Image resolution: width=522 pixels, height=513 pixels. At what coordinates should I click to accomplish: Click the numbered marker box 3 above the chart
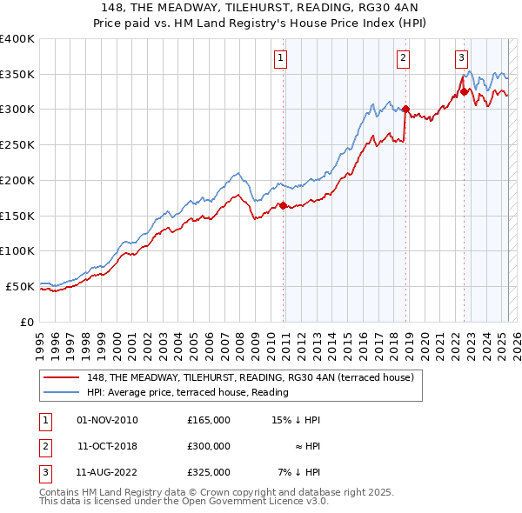[x=461, y=58]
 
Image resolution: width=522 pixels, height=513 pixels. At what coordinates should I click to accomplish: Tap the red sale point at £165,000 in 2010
[x=283, y=205]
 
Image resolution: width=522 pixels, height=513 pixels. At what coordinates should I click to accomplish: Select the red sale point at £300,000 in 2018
[x=405, y=109]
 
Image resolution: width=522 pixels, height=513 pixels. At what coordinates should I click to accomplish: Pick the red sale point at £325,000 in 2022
[x=464, y=91]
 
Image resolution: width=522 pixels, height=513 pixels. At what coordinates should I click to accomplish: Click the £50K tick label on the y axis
[x=20, y=286]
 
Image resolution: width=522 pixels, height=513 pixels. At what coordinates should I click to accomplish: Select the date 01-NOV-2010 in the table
[x=107, y=420]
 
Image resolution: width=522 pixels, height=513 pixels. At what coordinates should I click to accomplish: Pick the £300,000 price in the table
[x=209, y=446]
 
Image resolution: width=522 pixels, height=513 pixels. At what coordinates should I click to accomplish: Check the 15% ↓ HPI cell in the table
[x=297, y=420]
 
